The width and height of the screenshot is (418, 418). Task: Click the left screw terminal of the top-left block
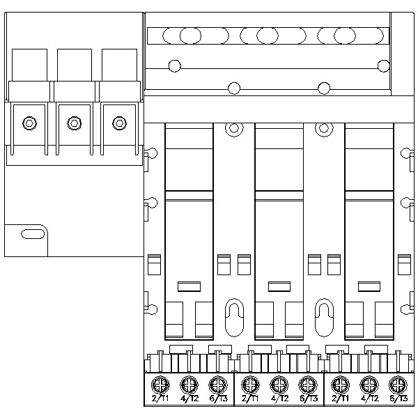(28, 123)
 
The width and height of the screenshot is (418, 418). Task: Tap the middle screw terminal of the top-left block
(73, 123)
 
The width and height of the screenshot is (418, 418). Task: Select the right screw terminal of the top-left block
(119, 123)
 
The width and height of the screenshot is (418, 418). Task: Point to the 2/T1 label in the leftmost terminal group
(160, 398)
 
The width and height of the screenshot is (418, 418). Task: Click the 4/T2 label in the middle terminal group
(279, 398)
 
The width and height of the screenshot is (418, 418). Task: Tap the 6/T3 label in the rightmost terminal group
(397, 398)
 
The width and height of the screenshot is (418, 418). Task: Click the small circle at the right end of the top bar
(383, 65)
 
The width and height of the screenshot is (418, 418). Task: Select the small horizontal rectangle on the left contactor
(189, 286)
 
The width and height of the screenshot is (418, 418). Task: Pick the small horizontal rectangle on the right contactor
(367, 286)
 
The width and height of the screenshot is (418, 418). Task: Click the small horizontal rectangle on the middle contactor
(279, 286)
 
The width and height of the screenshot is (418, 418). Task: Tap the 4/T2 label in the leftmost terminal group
(189, 398)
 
